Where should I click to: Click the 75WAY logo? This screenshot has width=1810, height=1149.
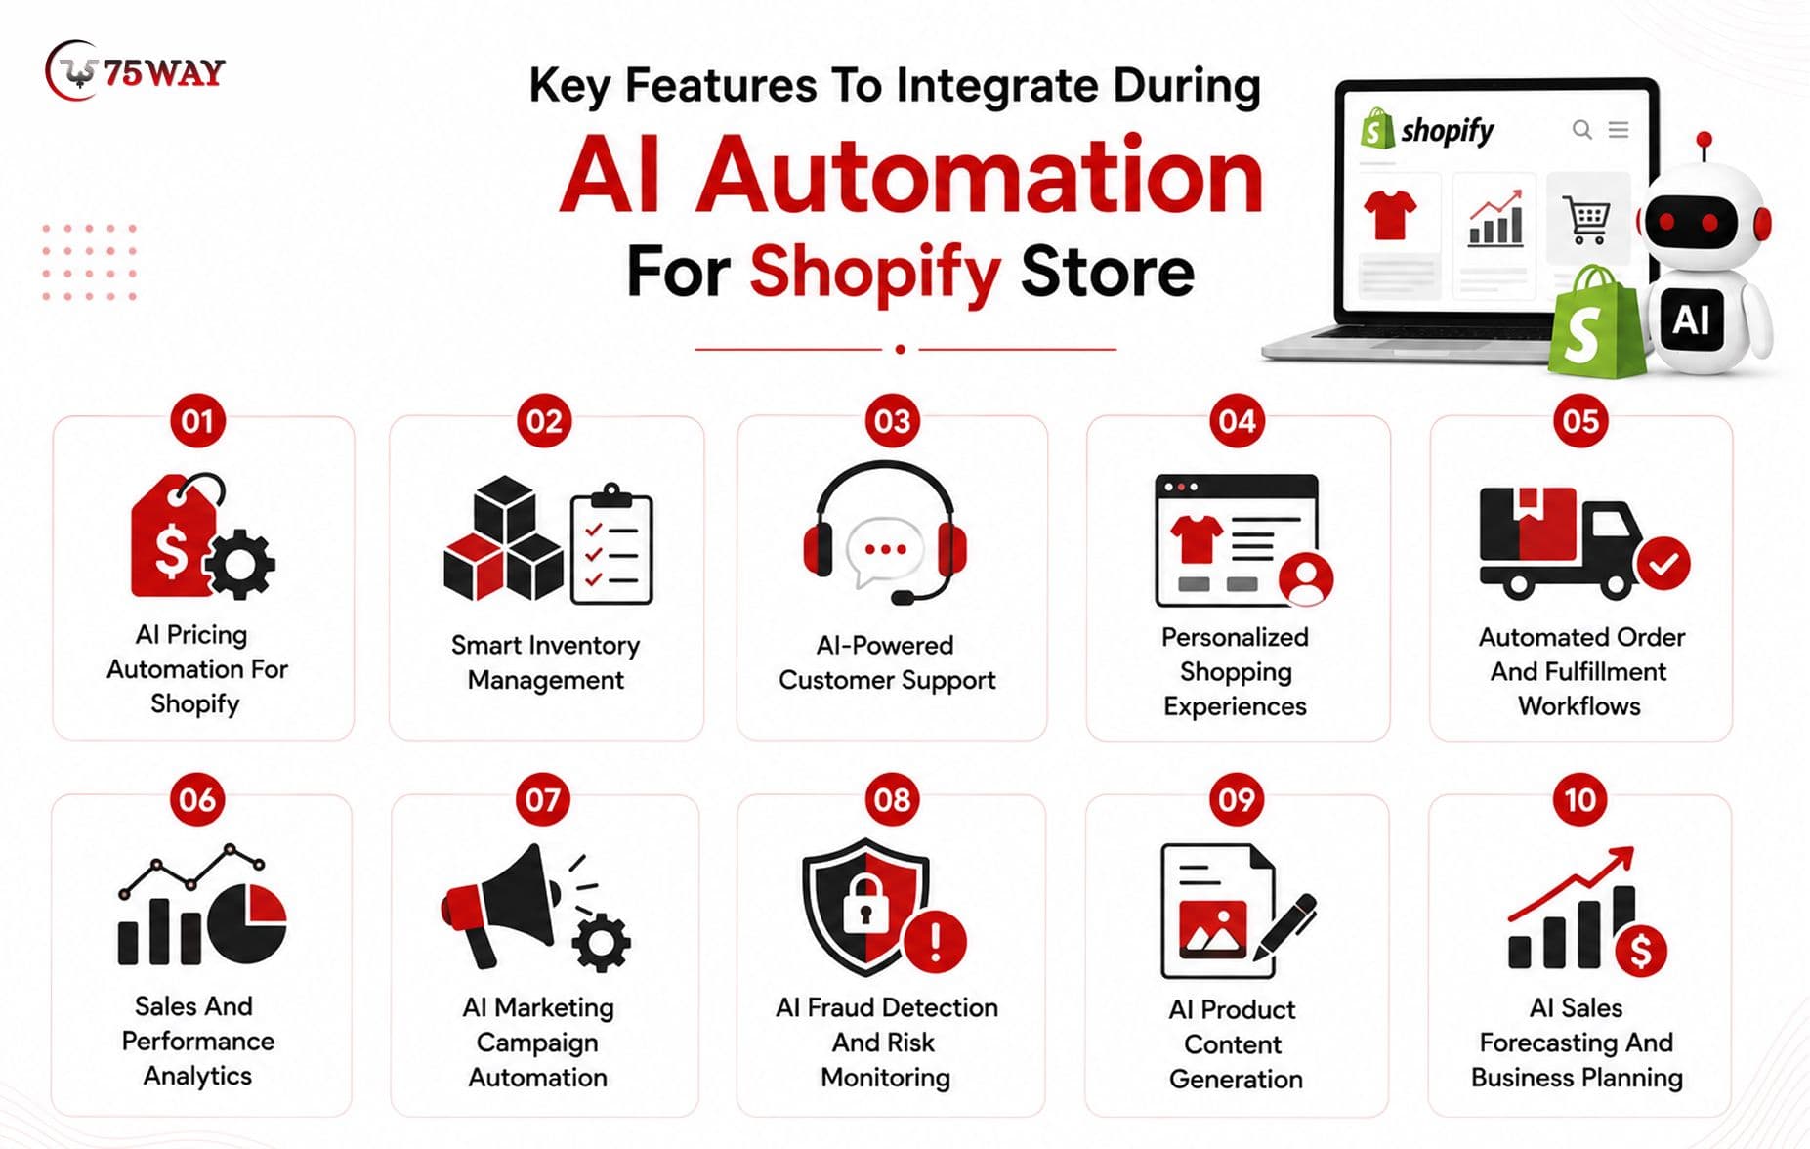(x=135, y=70)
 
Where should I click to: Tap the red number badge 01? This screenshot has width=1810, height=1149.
(x=197, y=421)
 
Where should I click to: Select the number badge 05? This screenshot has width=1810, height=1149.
(x=1580, y=421)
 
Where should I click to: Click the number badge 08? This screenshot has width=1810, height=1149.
(x=892, y=800)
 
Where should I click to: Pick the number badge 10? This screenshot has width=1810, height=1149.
(x=1579, y=800)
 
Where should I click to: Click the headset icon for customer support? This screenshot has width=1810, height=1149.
(x=885, y=532)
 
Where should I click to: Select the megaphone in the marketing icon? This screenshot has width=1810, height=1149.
(x=499, y=904)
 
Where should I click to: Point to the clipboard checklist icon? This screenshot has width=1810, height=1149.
(x=611, y=543)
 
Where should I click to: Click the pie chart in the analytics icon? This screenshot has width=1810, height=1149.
(x=247, y=923)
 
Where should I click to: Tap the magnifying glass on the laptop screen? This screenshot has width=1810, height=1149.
(x=1582, y=130)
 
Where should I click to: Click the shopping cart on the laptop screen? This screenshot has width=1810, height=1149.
(x=1587, y=220)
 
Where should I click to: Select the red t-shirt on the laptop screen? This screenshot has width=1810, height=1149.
(x=1390, y=214)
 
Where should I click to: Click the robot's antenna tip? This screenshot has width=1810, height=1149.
(x=1705, y=139)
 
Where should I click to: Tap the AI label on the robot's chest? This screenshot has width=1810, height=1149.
(x=1691, y=319)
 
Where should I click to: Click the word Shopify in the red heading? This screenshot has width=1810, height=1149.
(x=875, y=273)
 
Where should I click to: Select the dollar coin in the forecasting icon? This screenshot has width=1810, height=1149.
(x=1641, y=951)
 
